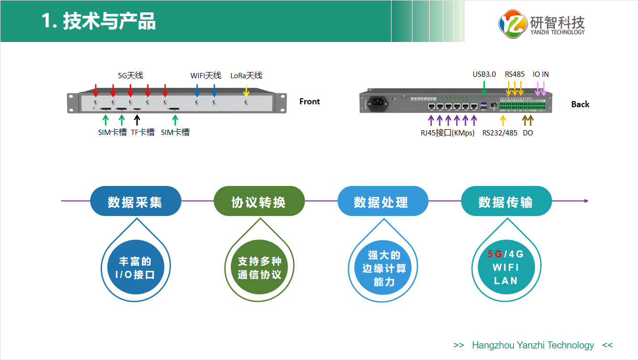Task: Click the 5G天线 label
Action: pos(130,75)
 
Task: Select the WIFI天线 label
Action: pos(206,75)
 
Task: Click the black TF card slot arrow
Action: pos(137,120)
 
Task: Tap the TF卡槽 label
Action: pos(143,133)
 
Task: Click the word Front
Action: pos(309,102)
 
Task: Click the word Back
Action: pos(580,104)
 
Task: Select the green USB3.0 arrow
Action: pos(484,88)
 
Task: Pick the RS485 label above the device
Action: pos(515,74)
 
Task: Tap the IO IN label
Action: pos(541,74)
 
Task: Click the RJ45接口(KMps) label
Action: pos(447,133)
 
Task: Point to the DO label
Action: pos(528,133)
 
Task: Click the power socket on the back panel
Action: pos(377,103)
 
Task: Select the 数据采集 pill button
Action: pos(135,202)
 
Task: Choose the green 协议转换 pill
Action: pos(259,202)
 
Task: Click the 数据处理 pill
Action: pos(382,202)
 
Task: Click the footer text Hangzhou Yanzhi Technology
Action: pos(533,345)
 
